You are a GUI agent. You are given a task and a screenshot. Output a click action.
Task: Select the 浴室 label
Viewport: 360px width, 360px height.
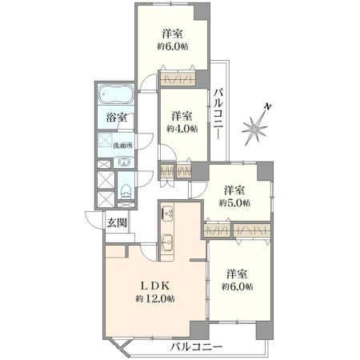[x=116, y=118]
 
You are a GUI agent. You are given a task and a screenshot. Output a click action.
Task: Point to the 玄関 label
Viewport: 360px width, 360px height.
[x=116, y=223]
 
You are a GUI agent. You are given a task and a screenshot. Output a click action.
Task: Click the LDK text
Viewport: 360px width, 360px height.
[x=154, y=286]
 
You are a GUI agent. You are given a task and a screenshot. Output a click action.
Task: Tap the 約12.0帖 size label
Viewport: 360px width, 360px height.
[x=155, y=298]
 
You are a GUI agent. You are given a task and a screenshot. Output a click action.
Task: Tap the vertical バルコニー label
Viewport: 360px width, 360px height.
[x=218, y=116]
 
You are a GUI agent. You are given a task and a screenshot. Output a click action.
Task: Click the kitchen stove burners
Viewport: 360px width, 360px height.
[x=168, y=214]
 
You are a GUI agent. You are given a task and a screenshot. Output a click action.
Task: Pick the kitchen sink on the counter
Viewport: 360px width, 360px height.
[x=168, y=242]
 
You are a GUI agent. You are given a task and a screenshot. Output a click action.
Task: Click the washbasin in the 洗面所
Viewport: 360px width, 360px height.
[x=124, y=162]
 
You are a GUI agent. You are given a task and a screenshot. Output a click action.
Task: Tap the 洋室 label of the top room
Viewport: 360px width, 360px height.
[x=173, y=34]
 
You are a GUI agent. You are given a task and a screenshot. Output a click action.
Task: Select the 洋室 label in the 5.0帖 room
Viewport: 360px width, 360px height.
[x=234, y=190]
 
